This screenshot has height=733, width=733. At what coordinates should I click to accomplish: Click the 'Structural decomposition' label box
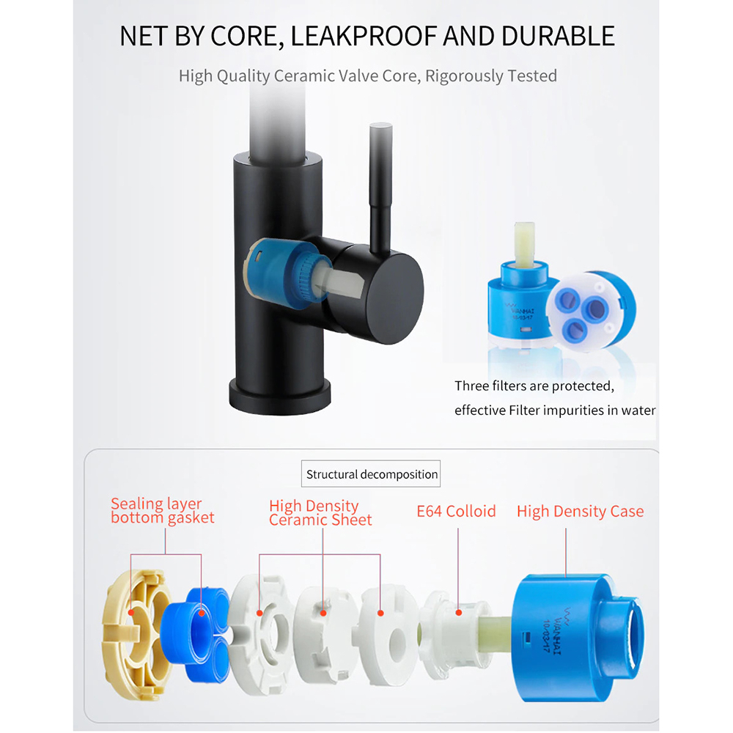[x=372, y=474]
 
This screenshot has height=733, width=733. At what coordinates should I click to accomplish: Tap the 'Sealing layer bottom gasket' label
[x=163, y=511]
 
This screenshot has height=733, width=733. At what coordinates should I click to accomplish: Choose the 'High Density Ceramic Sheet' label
[x=320, y=513]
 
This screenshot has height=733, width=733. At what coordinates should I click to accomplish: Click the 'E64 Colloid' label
[x=456, y=511]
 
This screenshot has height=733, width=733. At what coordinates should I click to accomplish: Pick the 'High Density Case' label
[x=580, y=511]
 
